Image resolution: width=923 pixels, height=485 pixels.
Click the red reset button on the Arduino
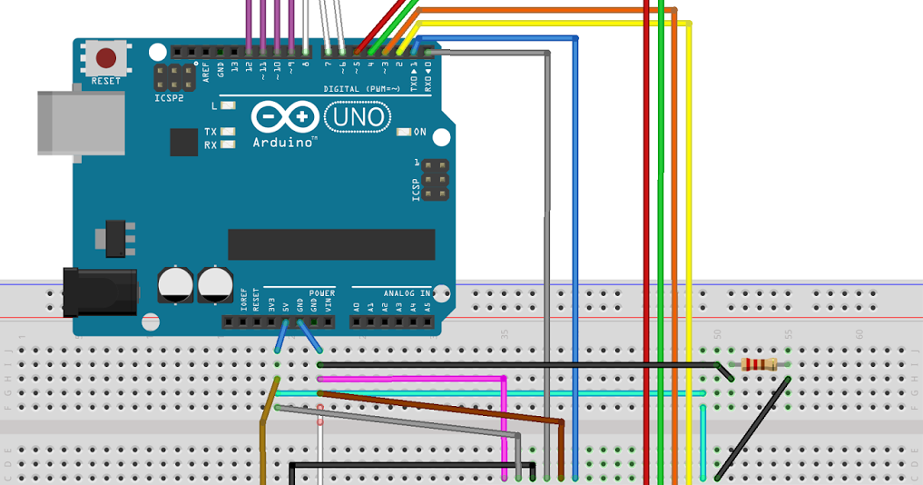click(x=106, y=59)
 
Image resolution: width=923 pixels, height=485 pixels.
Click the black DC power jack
click(x=100, y=292)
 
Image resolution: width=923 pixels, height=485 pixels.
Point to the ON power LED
click(x=405, y=133)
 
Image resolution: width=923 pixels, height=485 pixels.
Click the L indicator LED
click(x=228, y=105)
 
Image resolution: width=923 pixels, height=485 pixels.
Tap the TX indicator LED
click(x=228, y=132)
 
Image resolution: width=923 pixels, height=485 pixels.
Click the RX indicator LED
click(x=228, y=144)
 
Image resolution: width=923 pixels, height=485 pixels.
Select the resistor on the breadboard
click(x=759, y=364)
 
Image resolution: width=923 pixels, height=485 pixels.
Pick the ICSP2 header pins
click(x=174, y=76)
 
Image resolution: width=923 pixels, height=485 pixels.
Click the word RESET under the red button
click(x=106, y=81)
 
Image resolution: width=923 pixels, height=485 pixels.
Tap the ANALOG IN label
click(x=407, y=293)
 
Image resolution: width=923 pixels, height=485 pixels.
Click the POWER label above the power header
click(x=322, y=293)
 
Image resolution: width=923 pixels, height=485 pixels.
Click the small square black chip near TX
click(x=183, y=142)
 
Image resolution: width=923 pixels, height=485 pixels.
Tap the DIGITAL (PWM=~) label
click(x=362, y=88)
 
